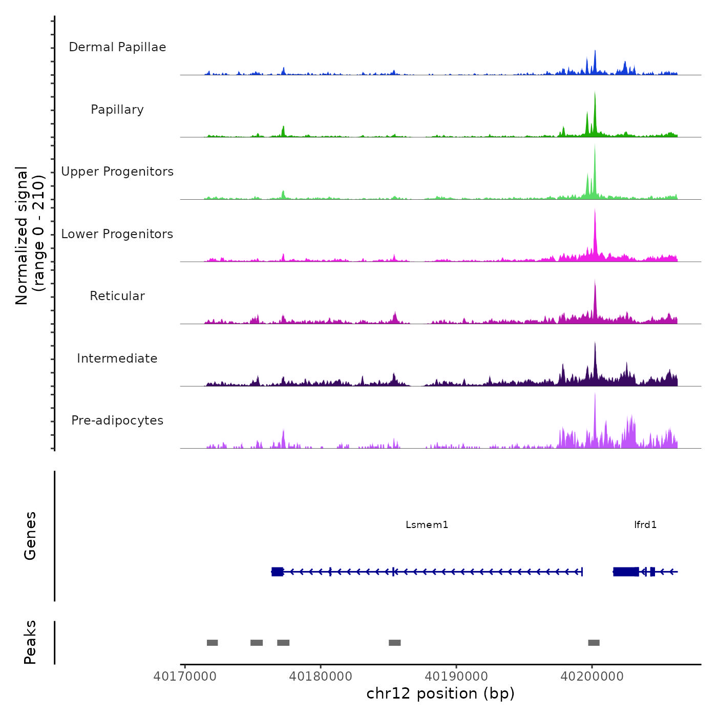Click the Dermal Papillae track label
tap(117, 47)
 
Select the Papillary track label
tap(117, 110)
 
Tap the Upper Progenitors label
tap(117, 172)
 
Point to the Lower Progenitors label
tap(117, 234)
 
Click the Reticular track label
tap(117, 296)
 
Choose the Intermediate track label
tap(117, 358)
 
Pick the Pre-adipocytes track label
tap(117, 420)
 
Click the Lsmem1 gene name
tap(427, 524)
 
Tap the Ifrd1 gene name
tap(645, 524)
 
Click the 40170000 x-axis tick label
tap(185, 676)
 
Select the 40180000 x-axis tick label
tap(321, 676)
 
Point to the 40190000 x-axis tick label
tap(456, 676)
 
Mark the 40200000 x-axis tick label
tap(592, 676)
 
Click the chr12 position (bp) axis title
tap(440, 693)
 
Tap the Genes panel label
tap(30, 536)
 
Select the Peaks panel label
tap(30, 642)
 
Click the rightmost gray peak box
tap(594, 643)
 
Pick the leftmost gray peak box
tap(212, 643)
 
